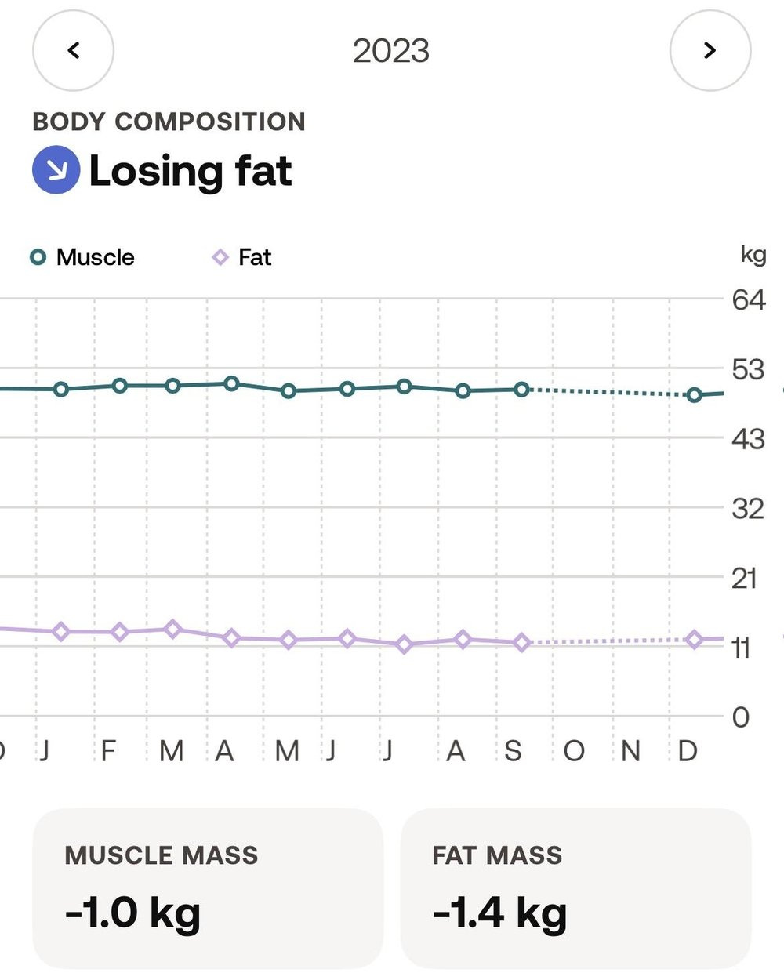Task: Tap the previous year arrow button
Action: point(74,50)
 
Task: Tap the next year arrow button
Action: point(710,50)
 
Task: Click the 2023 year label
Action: point(391,51)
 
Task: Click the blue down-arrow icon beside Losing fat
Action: point(56,169)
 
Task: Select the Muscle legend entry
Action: point(82,257)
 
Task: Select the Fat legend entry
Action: point(242,257)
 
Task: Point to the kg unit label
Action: point(753,255)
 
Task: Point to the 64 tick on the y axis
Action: point(749,300)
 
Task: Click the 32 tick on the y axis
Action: point(748,509)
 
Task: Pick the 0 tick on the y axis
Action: point(741,717)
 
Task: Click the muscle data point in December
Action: point(694,395)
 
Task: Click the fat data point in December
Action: point(694,640)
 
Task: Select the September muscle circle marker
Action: point(521,390)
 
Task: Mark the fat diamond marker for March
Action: point(172,630)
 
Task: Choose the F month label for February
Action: point(108,751)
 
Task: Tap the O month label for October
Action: point(574,751)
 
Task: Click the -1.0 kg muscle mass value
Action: point(132,913)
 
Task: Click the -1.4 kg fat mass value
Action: point(499,913)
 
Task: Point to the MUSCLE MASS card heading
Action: point(162,855)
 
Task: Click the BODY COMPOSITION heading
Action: point(169,122)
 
